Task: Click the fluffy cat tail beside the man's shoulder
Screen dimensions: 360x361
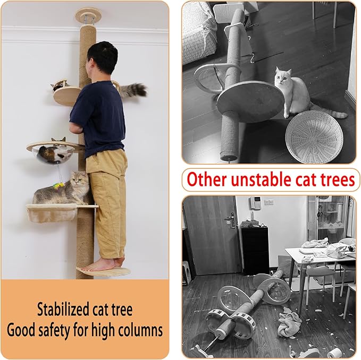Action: [135, 90]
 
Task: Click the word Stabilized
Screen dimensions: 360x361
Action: [62, 310]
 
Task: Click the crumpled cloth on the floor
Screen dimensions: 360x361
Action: [289, 322]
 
